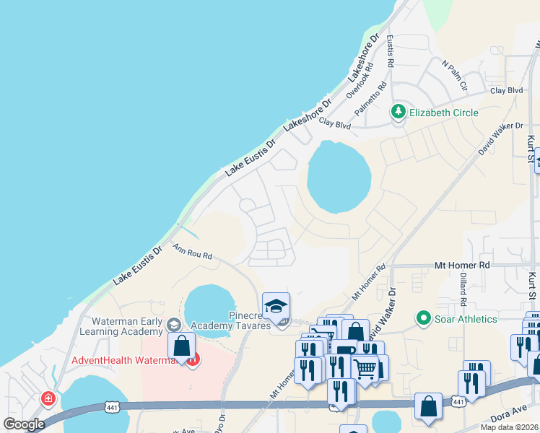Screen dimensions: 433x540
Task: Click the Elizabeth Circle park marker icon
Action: (398, 112)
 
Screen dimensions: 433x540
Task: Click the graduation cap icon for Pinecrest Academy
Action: (276, 307)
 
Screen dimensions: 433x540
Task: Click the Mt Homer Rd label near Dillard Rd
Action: (462, 266)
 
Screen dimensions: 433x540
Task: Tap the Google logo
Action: (24, 424)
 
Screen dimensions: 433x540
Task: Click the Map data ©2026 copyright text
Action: (509, 427)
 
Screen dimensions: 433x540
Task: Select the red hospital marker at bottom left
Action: (48, 398)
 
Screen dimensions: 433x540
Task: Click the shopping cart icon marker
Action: (365, 369)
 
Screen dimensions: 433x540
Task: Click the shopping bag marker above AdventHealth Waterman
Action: (181, 345)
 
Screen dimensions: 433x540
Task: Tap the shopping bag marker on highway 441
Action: (429, 406)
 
